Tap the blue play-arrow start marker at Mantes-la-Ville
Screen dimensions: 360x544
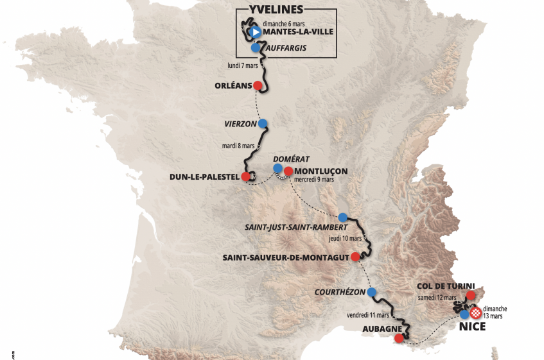[x=254, y=31]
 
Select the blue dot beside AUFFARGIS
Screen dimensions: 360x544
[x=256, y=48]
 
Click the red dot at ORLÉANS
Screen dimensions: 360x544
[x=258, y=85]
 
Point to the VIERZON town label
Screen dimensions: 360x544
[x=240, y=123]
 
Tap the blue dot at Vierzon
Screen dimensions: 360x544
[x=262, y=123]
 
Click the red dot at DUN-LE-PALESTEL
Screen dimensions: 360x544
[x=245, y=176]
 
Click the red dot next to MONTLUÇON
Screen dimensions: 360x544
[x=288, y=171]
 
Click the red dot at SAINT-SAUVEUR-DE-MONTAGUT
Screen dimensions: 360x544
[x=355, y=257]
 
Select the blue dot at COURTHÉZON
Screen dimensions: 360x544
[x=371, y=292]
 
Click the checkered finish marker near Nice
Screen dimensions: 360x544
[x=476, y=313]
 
